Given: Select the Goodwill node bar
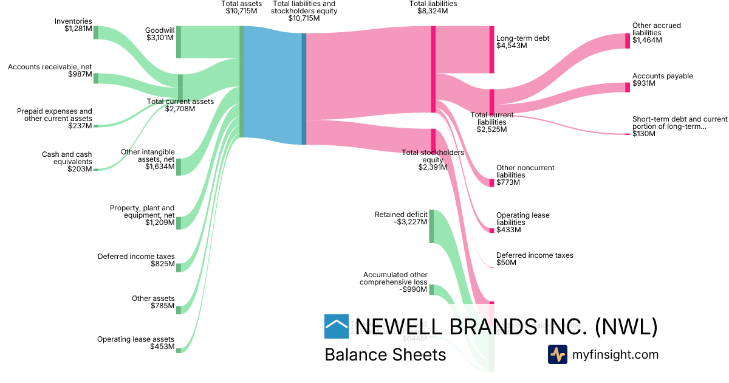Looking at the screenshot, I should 179,42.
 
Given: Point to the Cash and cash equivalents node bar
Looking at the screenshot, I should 95,170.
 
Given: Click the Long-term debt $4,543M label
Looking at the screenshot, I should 522,42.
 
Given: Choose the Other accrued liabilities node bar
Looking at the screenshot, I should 628,41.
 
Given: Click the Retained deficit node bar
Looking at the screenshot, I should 431,226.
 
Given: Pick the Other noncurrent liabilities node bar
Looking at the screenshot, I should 491,183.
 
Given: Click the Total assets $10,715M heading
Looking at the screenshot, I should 241,8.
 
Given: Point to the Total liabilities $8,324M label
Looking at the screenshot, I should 433,8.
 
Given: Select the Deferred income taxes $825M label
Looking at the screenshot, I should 136,260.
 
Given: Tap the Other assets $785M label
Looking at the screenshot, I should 153,302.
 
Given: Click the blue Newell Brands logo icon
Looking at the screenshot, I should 337,326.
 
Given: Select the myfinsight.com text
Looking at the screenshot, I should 615,354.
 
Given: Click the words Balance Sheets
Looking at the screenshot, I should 385,354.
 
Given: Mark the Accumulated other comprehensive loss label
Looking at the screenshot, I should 393,282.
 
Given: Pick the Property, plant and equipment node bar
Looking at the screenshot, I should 179,222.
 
